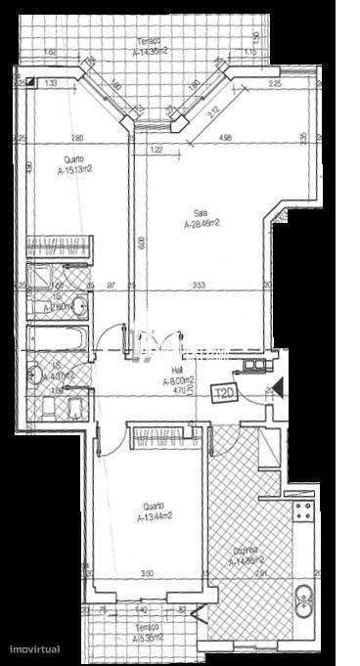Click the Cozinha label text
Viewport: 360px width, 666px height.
245,555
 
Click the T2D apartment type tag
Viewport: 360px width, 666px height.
223,393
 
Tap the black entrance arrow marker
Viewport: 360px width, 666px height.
275,384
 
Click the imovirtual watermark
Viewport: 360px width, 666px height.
37,648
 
